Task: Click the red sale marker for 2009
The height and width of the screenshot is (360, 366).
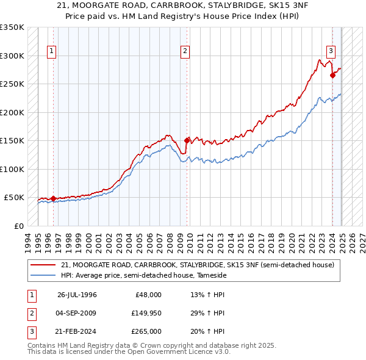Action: coord(187,140)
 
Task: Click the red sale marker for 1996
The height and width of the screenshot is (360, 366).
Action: coord(53,198)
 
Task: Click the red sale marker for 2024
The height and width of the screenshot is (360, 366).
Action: coord(332,76)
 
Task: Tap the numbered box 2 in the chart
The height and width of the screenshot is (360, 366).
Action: coord(184,51)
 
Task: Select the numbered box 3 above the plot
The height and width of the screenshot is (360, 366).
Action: coord(330,51)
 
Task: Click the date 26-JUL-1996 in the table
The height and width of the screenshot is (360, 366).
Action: coord(77,295)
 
